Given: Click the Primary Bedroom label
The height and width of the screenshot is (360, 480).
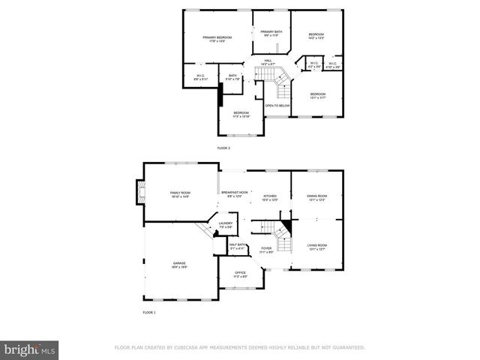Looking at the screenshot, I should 217,39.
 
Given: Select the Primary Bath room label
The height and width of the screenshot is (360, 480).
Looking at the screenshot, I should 271,33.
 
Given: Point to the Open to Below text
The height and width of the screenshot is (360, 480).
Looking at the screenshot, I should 277,106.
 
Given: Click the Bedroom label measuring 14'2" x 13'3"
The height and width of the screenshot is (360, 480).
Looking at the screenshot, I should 316,36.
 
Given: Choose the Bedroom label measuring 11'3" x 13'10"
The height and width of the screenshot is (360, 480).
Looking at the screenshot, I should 241,114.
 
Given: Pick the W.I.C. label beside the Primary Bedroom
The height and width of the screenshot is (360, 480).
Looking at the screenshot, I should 201,76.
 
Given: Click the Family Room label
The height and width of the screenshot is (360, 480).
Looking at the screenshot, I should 180,194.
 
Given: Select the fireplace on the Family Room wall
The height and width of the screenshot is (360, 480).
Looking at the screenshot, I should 139,193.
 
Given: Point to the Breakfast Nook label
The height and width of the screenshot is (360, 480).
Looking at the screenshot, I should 234,194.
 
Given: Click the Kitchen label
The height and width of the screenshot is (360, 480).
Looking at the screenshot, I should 270,198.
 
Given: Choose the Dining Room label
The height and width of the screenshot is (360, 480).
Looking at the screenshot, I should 316,198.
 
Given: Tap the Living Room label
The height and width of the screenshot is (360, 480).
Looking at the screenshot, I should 317,247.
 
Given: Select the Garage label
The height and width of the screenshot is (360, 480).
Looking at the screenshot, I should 179,265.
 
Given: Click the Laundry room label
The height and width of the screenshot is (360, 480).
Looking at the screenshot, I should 225,225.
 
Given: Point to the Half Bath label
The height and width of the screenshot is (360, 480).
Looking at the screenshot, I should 238,246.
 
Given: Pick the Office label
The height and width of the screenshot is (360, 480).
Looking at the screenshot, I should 240,274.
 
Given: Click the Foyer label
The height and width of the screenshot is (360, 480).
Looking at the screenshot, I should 266,250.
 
